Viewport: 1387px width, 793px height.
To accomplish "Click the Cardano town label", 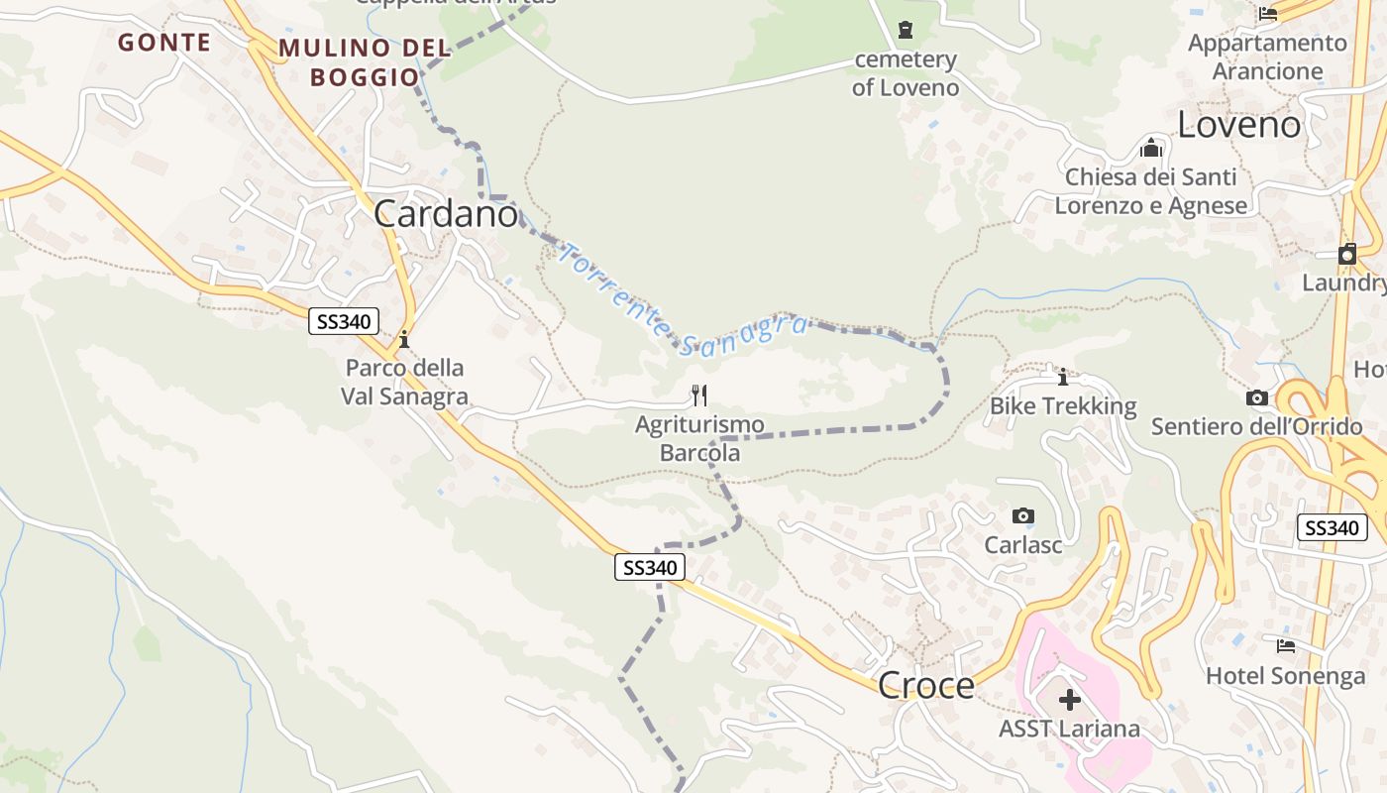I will (x=446, y=214).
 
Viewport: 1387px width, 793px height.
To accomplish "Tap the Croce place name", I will (x=926, y=685).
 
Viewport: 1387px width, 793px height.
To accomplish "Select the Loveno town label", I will (x=1238, y=125).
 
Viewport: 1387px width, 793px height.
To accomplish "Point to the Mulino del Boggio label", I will (x=365, y=61).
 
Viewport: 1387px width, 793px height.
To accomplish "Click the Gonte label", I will (x=164, y=43).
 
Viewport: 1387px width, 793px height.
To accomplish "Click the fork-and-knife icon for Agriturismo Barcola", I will (x=699, y=396).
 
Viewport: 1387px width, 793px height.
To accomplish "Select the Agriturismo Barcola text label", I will (x=699, y=438).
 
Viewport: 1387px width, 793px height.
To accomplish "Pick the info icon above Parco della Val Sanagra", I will (x=404, y=340).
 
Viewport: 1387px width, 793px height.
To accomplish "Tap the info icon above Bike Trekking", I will (x=1063, y=377).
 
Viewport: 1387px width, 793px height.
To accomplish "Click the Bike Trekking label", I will (x=1063, y=406).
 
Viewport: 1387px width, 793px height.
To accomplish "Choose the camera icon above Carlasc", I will (x=1023, y=515).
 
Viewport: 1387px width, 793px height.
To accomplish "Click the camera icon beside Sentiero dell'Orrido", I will (x=1257, y=398).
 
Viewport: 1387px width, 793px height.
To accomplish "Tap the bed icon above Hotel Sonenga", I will (x=1286, y=646).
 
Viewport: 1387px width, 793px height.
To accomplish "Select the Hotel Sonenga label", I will (x=1285, y=676).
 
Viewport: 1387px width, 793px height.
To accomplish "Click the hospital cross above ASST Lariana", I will (x=1069, y=700).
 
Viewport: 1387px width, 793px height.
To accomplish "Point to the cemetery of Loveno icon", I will (x=906, y=30).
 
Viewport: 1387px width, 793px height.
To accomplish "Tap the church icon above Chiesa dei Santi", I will (x=1151, y=148).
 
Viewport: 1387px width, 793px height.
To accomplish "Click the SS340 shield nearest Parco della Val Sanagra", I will (x=344, y=321).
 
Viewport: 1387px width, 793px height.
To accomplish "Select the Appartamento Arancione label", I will (x=1267, y=57).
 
